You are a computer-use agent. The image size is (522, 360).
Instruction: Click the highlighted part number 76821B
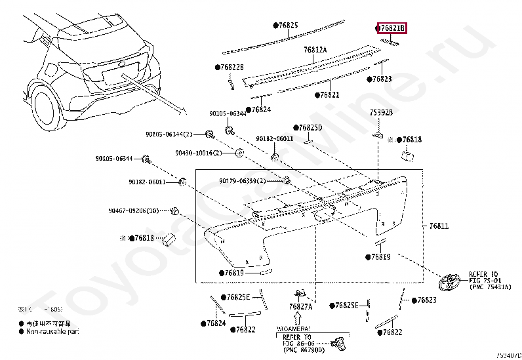tap(392, 28)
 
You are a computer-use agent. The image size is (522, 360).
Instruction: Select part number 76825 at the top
tap(286, 26)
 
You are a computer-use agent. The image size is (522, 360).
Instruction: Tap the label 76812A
tap(315, 50)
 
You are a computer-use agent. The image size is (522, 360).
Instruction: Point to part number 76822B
tap(230, 68)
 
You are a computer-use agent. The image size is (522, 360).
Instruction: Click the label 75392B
tap(380, 113)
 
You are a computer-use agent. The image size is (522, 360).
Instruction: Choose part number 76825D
tap(310, 127)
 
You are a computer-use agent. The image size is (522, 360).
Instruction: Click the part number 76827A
tap(301, 306)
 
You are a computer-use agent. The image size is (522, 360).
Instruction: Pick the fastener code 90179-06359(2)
tap(243, 181)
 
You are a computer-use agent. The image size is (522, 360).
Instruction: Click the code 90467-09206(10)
tap(134, 210)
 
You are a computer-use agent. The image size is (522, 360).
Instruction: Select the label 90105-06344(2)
tap(169, 134)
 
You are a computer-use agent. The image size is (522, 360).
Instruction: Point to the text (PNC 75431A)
tap(490, 287)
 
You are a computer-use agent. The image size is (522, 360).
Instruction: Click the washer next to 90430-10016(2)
tap(240, 153)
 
